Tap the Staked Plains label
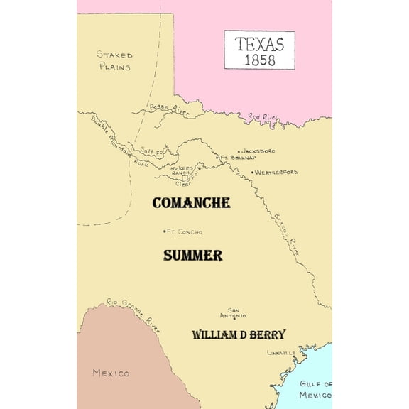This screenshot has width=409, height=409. (115, 60)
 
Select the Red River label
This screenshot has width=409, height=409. (264, 117)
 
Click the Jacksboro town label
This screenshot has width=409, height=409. (258, 151)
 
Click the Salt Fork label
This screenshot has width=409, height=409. (153, 151)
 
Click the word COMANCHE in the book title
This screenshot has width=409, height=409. (191, 203)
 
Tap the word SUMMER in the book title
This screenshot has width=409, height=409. (192, 255)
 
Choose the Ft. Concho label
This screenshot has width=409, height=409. (185, 231)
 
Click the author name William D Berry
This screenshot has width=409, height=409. (239, 334)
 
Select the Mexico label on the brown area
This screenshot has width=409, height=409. (111, 373)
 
